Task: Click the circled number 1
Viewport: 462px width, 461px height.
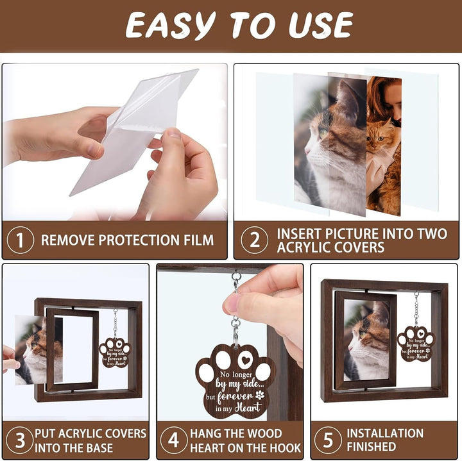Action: [x=20, y=240]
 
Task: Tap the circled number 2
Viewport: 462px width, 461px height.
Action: [x=254, y=240]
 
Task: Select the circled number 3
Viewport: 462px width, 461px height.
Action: [x=20, y=440]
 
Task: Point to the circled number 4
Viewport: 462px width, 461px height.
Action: [x=174, y=440]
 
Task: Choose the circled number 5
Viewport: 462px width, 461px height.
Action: [x=328, y=440]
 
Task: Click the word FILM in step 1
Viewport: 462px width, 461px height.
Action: [x=195, y=240]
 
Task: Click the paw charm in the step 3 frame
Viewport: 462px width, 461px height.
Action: [x=115, y=352]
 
